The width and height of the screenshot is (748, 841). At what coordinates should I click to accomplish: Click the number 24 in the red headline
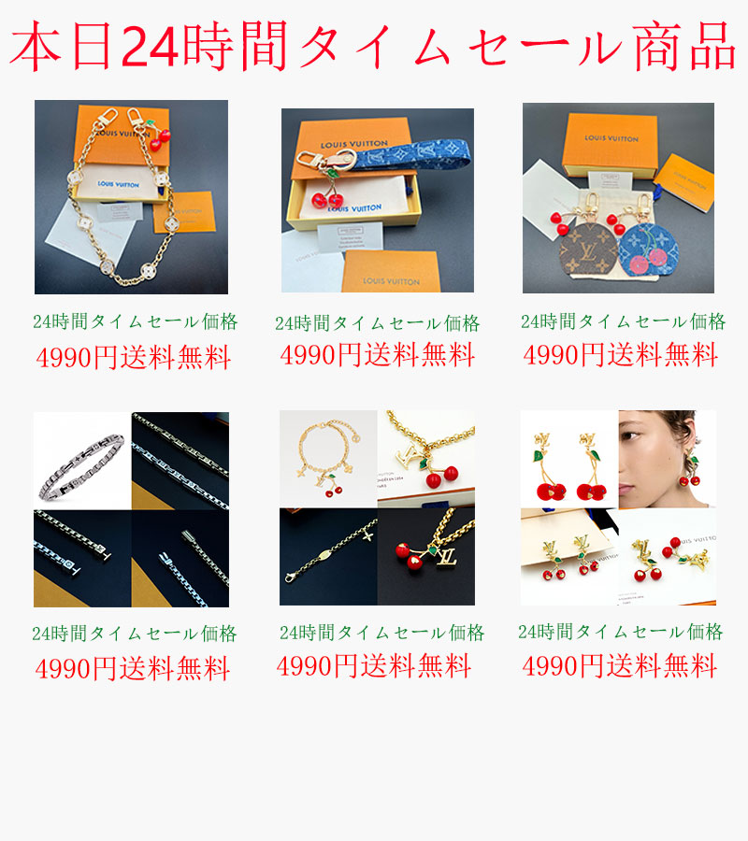(x=150, y=48)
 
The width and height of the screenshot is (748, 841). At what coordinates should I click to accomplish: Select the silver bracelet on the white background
(x=82, y=465)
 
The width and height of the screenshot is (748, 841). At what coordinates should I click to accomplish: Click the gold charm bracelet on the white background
(x=327, y=456)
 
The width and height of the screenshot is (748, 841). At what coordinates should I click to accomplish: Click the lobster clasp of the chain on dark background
(x=291, y=577)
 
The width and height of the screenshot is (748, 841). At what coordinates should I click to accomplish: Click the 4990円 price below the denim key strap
(x=321, y=355)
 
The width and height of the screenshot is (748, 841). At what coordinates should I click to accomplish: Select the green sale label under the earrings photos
(x=620, y=632)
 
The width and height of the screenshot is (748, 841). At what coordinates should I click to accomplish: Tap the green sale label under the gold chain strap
(x=136, y=321)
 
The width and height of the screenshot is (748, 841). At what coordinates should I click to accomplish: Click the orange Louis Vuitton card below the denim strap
(x=391, y=272)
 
